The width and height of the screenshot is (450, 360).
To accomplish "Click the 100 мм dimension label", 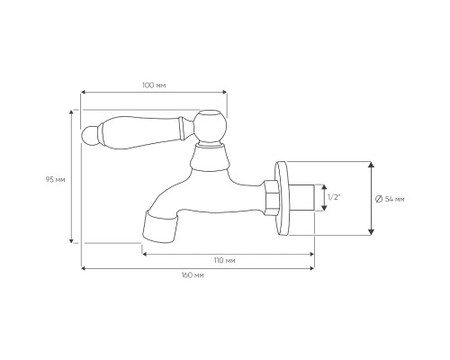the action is pos(154,85).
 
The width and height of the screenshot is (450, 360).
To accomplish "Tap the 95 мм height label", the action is pos(55,180).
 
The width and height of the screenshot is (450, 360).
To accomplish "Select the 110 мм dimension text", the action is pos(224,260).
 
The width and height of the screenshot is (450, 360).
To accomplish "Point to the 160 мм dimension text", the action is pos(193,275).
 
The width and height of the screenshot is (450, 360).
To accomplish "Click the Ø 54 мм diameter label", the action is pos(390,199).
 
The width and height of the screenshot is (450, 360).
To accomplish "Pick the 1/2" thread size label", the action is pos(334,197).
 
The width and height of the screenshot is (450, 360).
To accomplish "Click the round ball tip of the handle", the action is pos(89,136).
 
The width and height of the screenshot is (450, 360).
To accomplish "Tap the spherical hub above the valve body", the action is pos(209,126).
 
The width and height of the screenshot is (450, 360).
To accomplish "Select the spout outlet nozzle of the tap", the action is pos(159,227).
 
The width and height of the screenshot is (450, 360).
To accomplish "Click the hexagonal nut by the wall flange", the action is pos(272,198).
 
